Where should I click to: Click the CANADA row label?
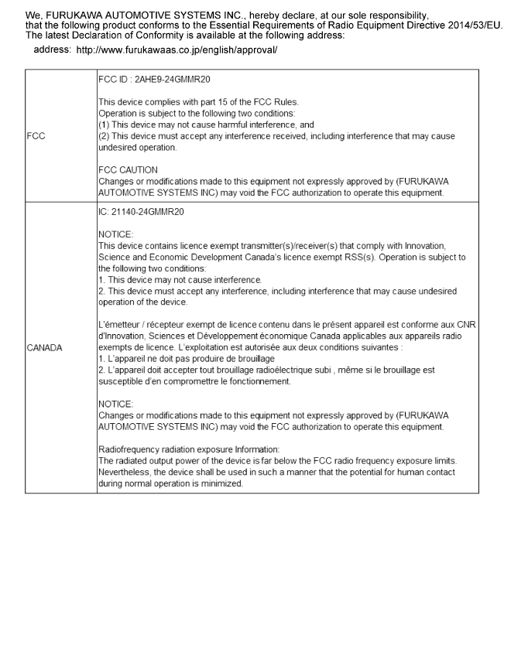tap(45, 347)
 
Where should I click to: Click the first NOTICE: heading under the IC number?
tap(116, 233)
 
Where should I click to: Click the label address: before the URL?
tap(53, 50)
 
